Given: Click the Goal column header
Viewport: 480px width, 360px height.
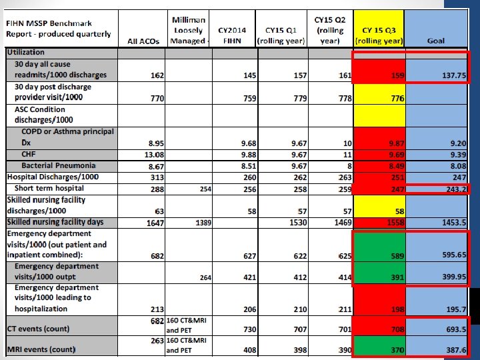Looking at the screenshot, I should tap(435, 41).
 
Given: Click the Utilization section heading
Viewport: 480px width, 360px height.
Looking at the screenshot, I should tap(26, 52).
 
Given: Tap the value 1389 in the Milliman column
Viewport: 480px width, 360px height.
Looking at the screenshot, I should tap(203, 223).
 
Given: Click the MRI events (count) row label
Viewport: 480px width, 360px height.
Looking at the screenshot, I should tap(41, 349).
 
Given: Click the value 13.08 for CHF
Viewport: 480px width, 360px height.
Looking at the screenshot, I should tap(155, 155).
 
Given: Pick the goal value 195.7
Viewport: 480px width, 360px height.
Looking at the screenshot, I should tap(453, 309).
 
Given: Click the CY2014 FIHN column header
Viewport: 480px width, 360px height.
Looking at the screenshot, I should tap(232, 35).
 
